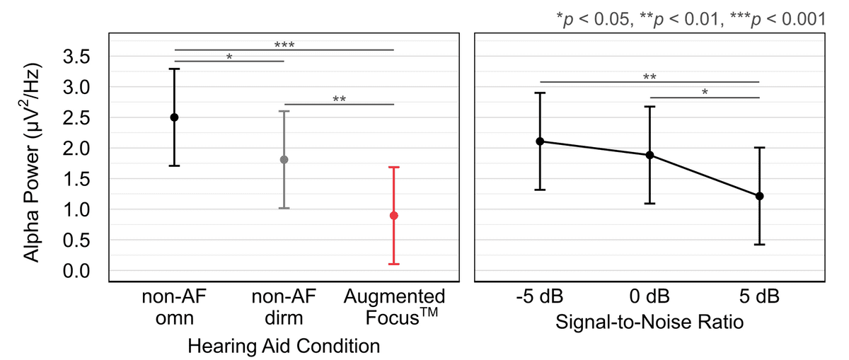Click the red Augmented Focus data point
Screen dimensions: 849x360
coord(394,216)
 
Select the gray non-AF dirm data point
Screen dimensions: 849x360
coord(284,160)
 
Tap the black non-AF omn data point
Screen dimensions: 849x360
coord(174,117)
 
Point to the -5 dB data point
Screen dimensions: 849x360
coord(540,141)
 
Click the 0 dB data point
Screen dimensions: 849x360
coord(649,155)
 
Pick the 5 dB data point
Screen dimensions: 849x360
coord(760,196)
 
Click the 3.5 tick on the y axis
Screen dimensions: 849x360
coord(76,57)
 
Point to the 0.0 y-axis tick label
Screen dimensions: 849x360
coord(76,271)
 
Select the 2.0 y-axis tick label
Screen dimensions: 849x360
coord(76,149)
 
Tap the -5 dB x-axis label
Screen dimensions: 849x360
coord(540,296)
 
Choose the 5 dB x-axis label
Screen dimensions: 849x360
coord(760,296)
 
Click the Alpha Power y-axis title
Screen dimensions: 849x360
coord(32,163)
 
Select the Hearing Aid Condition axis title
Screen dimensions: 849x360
coord(284,347)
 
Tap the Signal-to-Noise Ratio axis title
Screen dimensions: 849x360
coord(649,323)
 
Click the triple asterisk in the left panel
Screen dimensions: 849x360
coord(284,45)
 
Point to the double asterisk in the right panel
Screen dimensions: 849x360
coord(649,77)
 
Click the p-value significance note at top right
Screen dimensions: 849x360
coord(691,19)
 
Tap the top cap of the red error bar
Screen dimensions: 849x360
coord(394,167)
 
